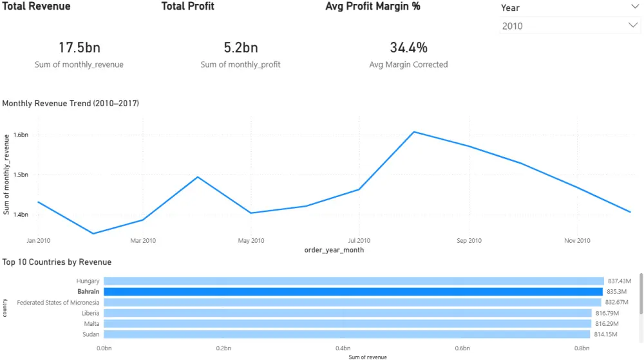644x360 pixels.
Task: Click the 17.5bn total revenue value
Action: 79,48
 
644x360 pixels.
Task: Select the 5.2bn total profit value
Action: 240,48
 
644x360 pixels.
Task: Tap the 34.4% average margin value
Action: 408,48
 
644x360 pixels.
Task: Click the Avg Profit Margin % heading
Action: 372,6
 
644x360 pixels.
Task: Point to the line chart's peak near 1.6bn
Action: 413,132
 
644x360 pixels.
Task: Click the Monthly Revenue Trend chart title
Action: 71,103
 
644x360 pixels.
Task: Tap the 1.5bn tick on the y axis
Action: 21,175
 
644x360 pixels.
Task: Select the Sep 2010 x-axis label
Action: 469,241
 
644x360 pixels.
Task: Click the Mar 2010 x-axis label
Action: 143,241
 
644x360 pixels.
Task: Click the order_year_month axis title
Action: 334,250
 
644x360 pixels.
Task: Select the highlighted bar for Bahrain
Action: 353,292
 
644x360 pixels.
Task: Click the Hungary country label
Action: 88,281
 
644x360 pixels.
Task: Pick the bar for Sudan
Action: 346,334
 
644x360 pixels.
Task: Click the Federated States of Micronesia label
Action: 58,302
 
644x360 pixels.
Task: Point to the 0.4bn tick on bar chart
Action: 343,348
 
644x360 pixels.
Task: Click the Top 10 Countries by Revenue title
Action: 57,262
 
